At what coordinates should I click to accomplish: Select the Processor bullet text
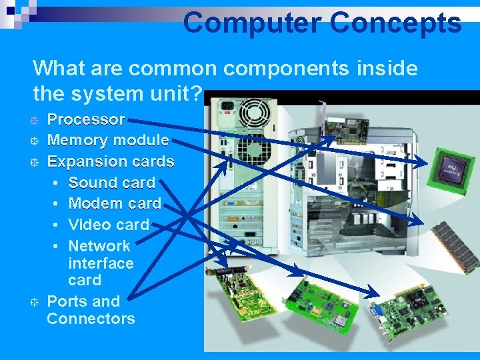(x=85, y=120)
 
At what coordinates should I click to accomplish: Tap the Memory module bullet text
(x=107, y=141)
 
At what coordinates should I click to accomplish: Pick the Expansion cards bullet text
(x=110, y=161)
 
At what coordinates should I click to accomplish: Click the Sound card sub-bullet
(x=111, y=183)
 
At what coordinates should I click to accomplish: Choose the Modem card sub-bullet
(x=115, y=203)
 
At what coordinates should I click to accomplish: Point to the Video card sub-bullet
(x=109, y=225)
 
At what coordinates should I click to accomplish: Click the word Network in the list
(x=99, y=246)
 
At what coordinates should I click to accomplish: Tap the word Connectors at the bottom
(x=91, y=319)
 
